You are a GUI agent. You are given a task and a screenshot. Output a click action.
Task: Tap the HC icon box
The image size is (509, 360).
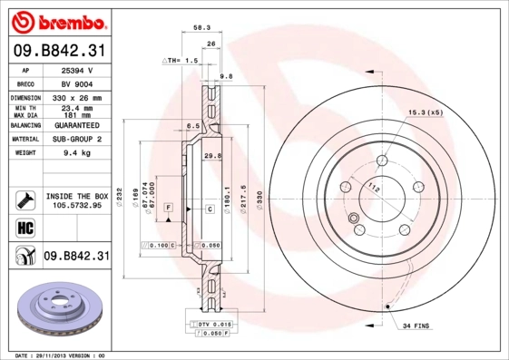pyautogui.click(x=18, y=227)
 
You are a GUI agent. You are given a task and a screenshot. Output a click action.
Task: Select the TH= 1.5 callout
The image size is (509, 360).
pyautogui.click(x=180, y=60)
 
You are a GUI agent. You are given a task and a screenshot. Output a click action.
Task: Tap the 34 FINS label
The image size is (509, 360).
pyautogui.click(x=417, y=325)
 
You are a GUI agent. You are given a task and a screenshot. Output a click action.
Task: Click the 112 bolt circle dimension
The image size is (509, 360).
pyautogui.click(x=374, y=188)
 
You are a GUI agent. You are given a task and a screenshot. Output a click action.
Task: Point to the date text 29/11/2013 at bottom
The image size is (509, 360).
pyautogui.click(x=60, y=355)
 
